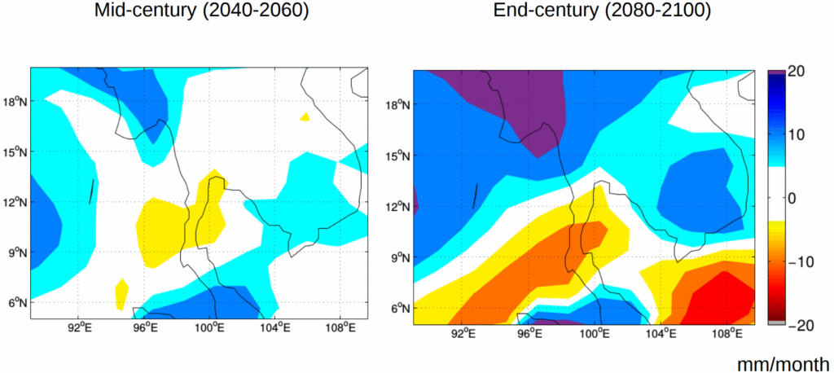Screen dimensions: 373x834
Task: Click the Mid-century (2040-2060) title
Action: pos(201,11)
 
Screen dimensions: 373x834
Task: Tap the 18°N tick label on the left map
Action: pos(15,102)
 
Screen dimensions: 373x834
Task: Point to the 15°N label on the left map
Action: pos(15,151)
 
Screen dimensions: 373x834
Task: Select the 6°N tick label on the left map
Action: pos(17,302)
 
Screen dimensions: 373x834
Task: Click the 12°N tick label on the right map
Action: pos(397,206)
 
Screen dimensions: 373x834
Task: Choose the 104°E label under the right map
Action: pos(661,333)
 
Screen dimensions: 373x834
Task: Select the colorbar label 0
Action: pos(791,198)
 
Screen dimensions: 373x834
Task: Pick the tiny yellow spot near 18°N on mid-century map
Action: pos(305,117)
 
